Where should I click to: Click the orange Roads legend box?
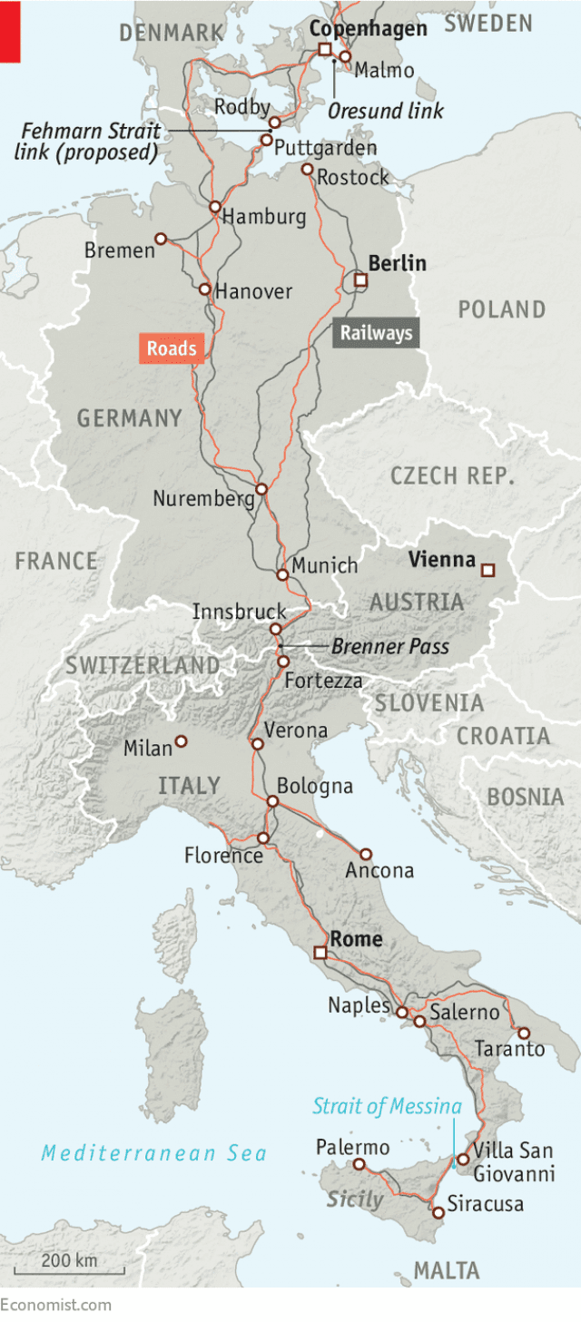(x=172, y=349)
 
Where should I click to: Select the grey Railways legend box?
(x=376, y=333)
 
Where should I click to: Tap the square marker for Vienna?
(x=487, y=570)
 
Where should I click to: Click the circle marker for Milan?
(x=181, y=741)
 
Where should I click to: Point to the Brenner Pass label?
(x=389, y=647)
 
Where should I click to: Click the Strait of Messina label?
(x=387, y=1106)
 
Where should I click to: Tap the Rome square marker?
(x=320, y=952)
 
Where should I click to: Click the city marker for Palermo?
(x=359, y=1164)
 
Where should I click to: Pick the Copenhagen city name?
(x=368, y=28)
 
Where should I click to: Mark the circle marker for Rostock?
(x=307, y=169)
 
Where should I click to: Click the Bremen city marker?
(x=161, y=239)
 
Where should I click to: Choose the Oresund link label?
(x=386, y=111)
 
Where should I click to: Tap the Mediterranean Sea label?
(x=153, y=1153)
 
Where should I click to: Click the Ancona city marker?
(x=366, y=854)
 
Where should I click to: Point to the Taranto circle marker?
(x=523, y=1033)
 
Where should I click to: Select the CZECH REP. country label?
(x=452, y=475)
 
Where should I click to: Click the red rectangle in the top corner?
(x=10, y=32)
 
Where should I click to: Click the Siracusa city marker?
(x=438, y=1211)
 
